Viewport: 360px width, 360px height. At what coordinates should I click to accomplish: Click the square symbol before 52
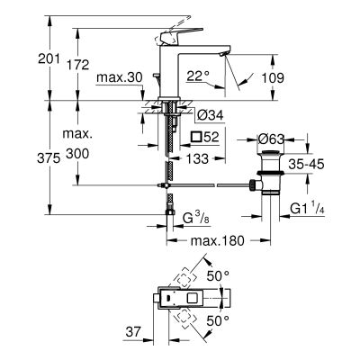point(196,137)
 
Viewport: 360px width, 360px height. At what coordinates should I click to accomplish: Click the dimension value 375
point(21,156)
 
